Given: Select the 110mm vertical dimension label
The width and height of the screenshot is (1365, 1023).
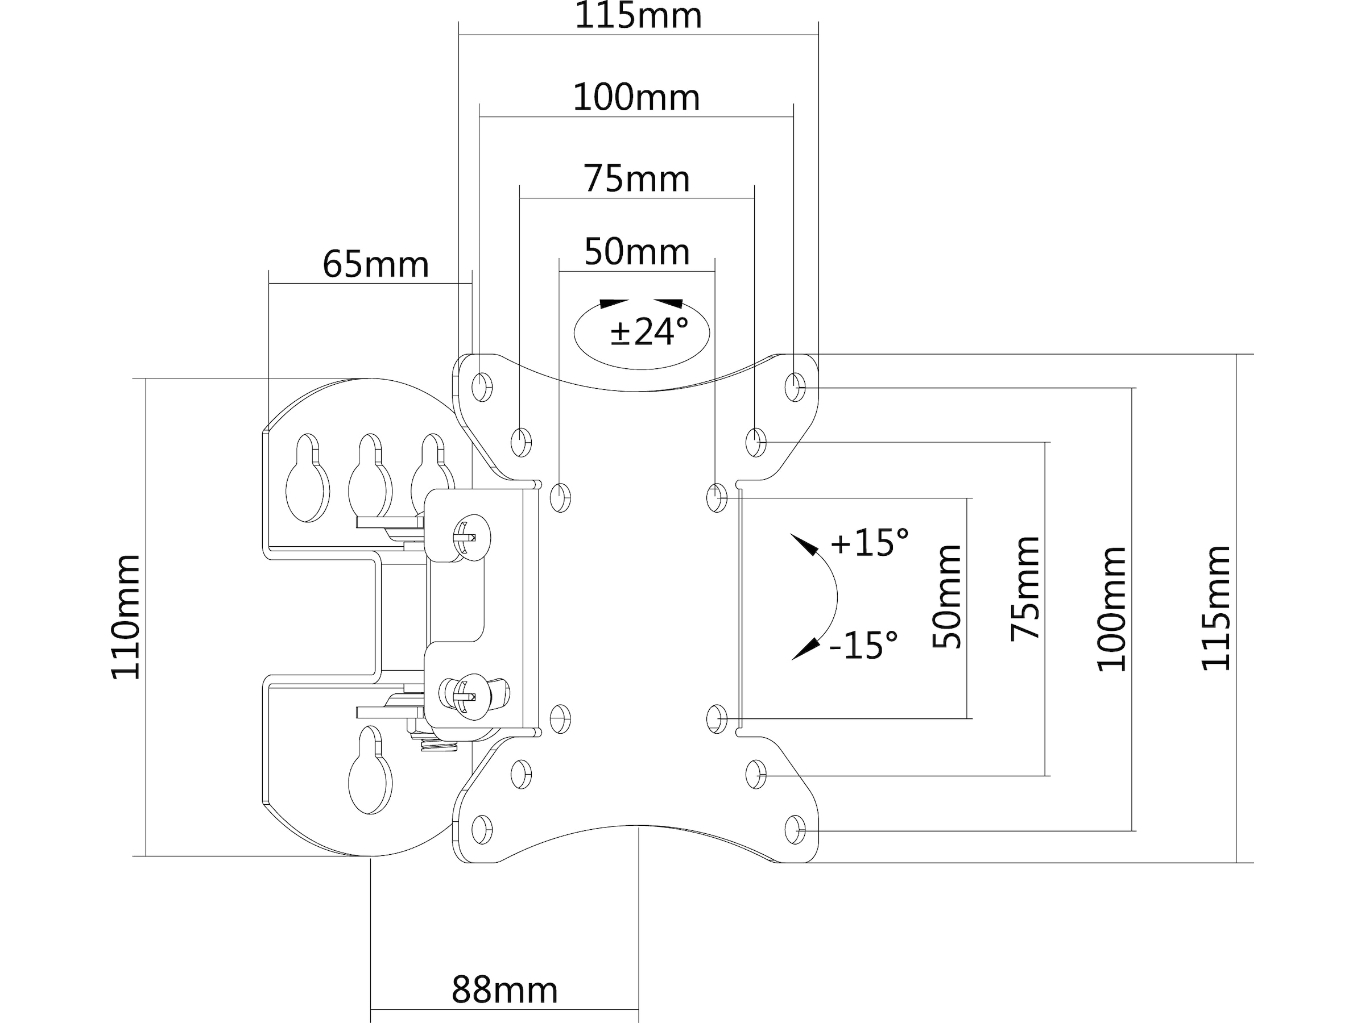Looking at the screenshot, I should [x=126, y=617].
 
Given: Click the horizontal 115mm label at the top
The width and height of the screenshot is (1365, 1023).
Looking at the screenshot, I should [x=638, y=16].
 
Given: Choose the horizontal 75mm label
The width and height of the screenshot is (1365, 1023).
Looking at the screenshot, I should [x=636, y=179].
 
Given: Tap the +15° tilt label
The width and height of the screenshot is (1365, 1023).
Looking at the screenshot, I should [x=869, y=543].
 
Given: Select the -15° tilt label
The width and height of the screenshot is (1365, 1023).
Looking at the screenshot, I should [x=863, y=645].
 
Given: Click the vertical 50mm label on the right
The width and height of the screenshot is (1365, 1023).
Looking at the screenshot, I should [x=947, y=596].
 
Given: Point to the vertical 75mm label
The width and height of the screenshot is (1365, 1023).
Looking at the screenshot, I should [x=1025, y=589].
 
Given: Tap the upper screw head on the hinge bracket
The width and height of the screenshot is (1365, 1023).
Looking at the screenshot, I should [x=472, y=538].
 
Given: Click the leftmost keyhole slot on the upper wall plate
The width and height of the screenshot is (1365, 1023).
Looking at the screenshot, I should [x=307, y=478].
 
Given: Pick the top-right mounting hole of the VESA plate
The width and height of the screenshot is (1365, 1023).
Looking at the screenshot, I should [x=795, y=387].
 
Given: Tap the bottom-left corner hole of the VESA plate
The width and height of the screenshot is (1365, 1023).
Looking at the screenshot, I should [x=482, y=829].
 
